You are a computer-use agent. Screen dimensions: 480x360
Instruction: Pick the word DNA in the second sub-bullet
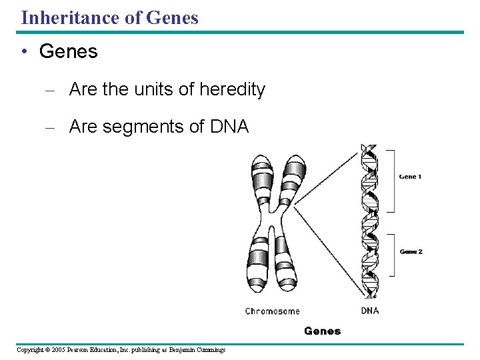229,127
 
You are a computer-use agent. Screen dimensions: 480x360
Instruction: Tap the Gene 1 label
411,177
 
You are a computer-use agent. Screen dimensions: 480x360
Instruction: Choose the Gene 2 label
411,251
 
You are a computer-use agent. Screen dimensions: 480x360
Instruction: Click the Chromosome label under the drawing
272,311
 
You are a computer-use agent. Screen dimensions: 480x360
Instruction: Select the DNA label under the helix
370,311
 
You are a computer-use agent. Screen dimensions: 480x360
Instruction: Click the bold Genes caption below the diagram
322,331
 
